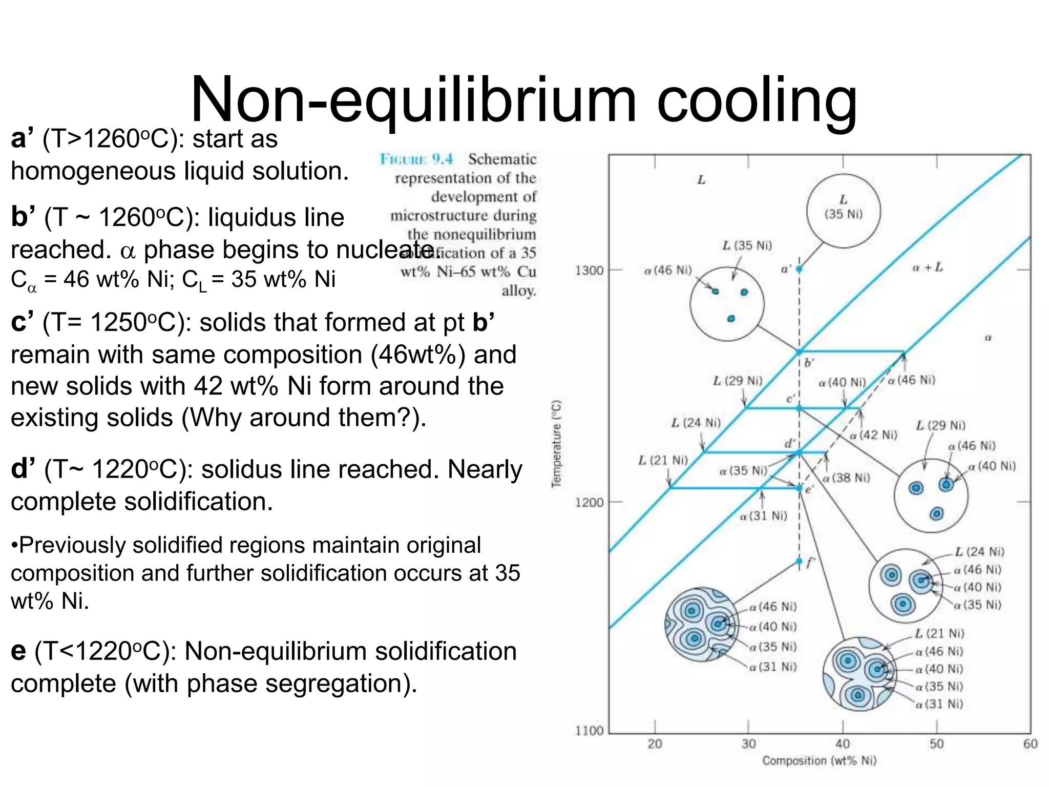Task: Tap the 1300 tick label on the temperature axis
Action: (x=590, y=270)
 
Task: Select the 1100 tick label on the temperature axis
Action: (x=590, y=730)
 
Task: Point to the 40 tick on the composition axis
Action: (x=843, y=743)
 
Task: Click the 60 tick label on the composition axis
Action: (x=1030, y=743)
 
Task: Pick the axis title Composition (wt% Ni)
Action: (x=819, y=761)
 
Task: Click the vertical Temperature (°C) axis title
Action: (x=556, y=444)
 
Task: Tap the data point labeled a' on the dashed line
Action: (x=799, y=268)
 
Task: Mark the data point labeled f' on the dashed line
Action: (x=799, y=562)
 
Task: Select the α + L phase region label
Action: (x=927, y=267)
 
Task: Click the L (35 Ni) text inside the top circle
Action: (x=843, y=207)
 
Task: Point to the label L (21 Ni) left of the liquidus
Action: (x=663, y=460)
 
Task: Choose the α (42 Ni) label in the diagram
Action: (x=873, y=435)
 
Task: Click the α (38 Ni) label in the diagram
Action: (x=846, y=478)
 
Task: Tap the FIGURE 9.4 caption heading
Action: (x=416, y=159)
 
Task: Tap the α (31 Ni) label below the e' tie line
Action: (x=763, y=516)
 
